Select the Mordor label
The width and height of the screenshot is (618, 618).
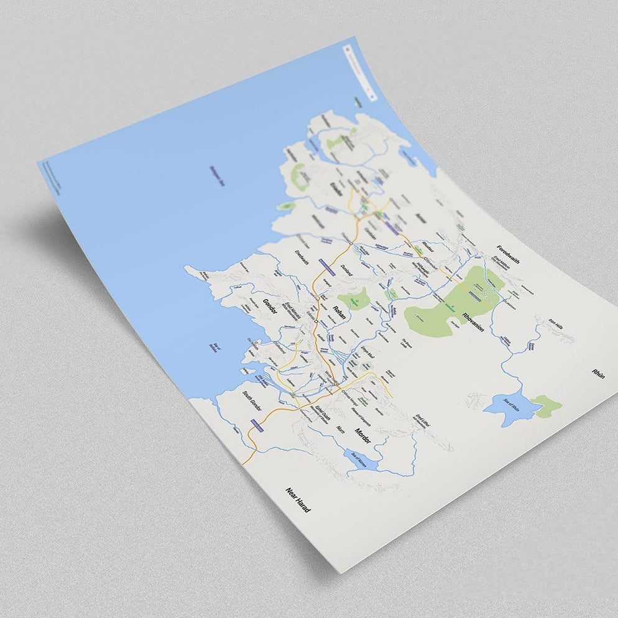[362, 435]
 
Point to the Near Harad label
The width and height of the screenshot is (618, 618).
[298, 500]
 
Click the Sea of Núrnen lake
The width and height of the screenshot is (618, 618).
[361, 461]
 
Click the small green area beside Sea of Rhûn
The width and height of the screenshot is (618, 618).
[547, 405]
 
